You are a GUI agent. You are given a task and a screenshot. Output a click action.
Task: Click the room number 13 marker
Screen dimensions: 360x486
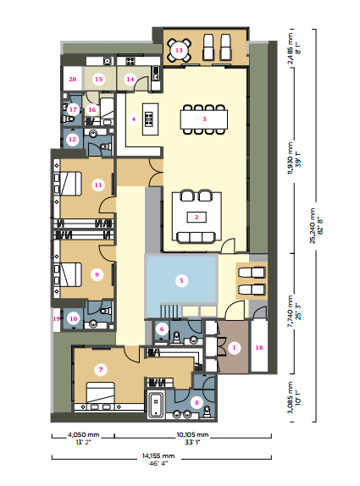179,50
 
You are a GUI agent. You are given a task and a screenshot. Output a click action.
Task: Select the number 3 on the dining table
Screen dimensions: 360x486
204,119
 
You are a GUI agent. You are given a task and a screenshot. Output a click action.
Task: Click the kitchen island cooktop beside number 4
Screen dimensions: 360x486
150,119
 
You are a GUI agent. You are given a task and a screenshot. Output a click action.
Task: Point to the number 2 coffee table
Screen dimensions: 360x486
197,218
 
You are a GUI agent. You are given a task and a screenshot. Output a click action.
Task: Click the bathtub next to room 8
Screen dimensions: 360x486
156,405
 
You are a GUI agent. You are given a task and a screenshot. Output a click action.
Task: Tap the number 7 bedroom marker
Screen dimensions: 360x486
101,369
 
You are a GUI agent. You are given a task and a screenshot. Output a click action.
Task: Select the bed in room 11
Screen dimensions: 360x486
68,184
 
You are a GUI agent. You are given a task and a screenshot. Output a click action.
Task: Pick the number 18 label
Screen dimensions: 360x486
259,348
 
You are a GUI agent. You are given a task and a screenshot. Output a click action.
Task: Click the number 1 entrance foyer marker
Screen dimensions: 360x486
234,348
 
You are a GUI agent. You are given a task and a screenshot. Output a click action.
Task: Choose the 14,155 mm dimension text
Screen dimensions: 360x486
158,456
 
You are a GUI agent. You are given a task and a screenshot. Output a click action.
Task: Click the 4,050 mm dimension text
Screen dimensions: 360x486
83,434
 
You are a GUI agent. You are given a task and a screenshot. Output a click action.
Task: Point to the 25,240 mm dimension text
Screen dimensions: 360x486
312,225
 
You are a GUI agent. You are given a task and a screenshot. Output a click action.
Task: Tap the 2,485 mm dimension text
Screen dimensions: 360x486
291,48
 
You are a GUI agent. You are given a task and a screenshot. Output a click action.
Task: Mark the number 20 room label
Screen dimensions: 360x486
73,80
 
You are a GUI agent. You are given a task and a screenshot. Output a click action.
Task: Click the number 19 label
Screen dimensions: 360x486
57,318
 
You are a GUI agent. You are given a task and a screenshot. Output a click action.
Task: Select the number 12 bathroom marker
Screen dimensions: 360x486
72,139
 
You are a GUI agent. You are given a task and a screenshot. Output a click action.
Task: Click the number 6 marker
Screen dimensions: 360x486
162,329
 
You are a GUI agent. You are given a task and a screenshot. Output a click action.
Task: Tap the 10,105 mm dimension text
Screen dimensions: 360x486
192,434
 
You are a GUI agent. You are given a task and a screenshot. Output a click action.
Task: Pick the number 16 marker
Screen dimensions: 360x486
92,110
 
